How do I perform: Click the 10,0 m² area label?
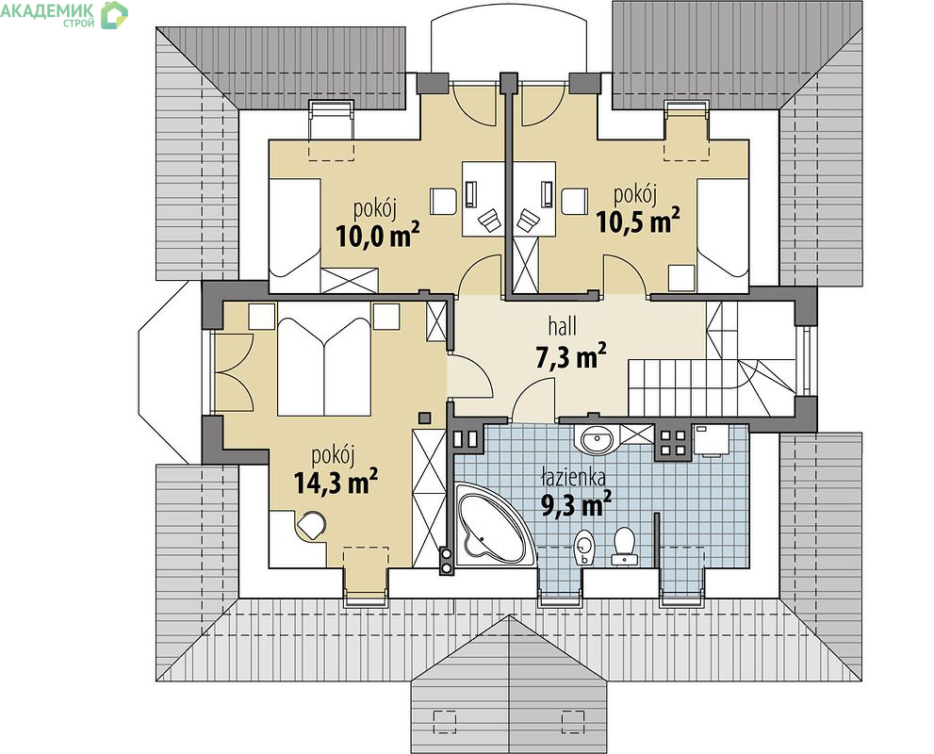click(x=378, y=236)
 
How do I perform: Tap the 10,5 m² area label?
click(x=638, y=221)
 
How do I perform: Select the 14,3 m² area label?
click(x=336, y=482)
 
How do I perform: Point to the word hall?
click(x=563, y=326)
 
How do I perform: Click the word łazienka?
click(x=574, y=477)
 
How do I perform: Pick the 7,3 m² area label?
click(x=571, y=356)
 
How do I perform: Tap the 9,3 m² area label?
click(x=576, y=504)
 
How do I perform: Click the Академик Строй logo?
click(x=64, y=15)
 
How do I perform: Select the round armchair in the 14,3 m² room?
click(x=311, y=526)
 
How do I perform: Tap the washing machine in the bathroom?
click(x=712, y=441)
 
